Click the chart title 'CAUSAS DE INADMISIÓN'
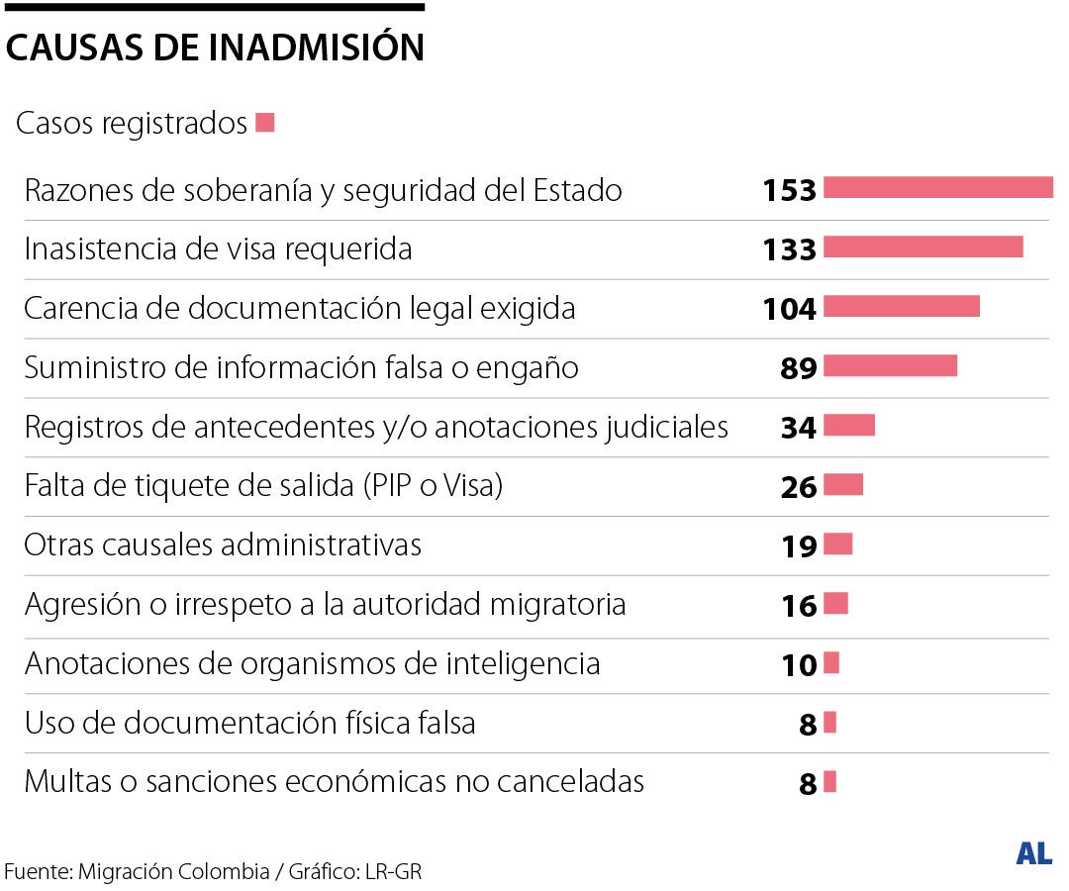tap(215, 48)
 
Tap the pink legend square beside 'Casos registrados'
tap(264, 123)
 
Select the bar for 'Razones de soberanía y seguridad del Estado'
tap(937, 188)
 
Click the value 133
tap(789, 248)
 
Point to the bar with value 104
tap(901, 307)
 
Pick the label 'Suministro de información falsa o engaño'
tap(301, 367)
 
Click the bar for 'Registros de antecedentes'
tap(848, 426)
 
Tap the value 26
tap(799, 486)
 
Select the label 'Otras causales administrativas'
tap(223, 544)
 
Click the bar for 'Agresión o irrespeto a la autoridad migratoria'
tap(835, 603)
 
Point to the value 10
tap(799, 664)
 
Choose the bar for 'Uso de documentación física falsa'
tap(829, 723)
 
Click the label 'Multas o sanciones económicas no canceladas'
tap(334, 781)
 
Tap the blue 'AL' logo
tap(1033, 852)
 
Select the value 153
tap(789, 189)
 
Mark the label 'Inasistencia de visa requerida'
tap(218, 248)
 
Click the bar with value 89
tap(890, 366)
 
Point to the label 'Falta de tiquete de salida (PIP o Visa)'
tap(264, 486)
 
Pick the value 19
tap(799, 545)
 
